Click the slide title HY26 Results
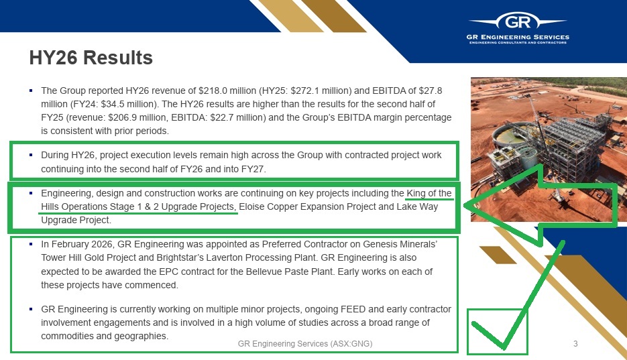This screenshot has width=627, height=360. tap(91, 58)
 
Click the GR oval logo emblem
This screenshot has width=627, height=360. tap(518, 21)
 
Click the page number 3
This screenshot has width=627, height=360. tap(575, 344)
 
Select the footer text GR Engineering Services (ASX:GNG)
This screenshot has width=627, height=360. tap(305, 344)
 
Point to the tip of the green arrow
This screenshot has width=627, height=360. tap(464, 206)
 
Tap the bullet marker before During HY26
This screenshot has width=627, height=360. tap(31, 155)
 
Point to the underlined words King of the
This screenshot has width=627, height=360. tap(429, 193)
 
